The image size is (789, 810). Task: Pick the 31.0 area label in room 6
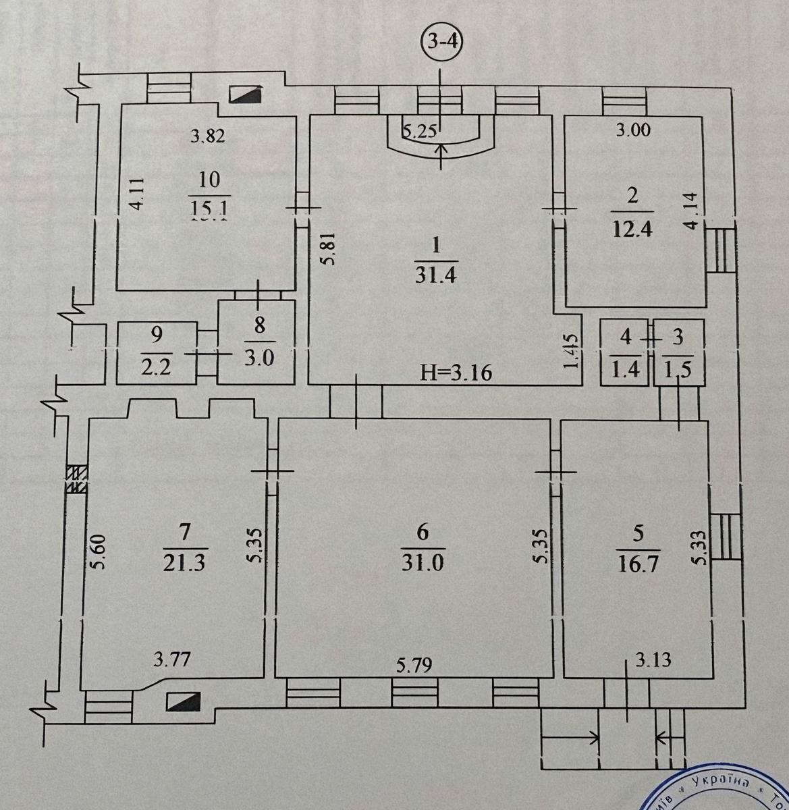tap(423, 562)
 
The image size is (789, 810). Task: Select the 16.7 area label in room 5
tap(638, 562)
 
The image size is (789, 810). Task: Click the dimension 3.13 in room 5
tap(653, 659)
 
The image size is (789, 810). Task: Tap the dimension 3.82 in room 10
tap(207, 136)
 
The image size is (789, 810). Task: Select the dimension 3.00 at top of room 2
tap(634, 130)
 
